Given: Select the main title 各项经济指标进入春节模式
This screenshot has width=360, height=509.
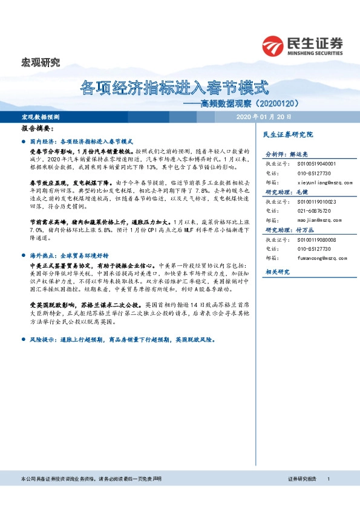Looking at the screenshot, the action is tap(174, 88).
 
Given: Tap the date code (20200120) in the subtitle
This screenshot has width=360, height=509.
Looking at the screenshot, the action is tap(290, 103).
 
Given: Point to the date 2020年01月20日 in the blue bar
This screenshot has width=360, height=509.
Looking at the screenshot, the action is tap(264, 116).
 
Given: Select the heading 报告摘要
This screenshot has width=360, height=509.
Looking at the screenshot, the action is tap(38, 129).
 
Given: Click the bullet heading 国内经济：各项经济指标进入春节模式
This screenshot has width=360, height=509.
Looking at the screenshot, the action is tap(86, 140).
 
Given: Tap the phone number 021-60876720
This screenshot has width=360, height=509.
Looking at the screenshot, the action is tap(313, 210).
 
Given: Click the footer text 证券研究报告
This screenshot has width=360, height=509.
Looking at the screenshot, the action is tap(302, 478).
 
